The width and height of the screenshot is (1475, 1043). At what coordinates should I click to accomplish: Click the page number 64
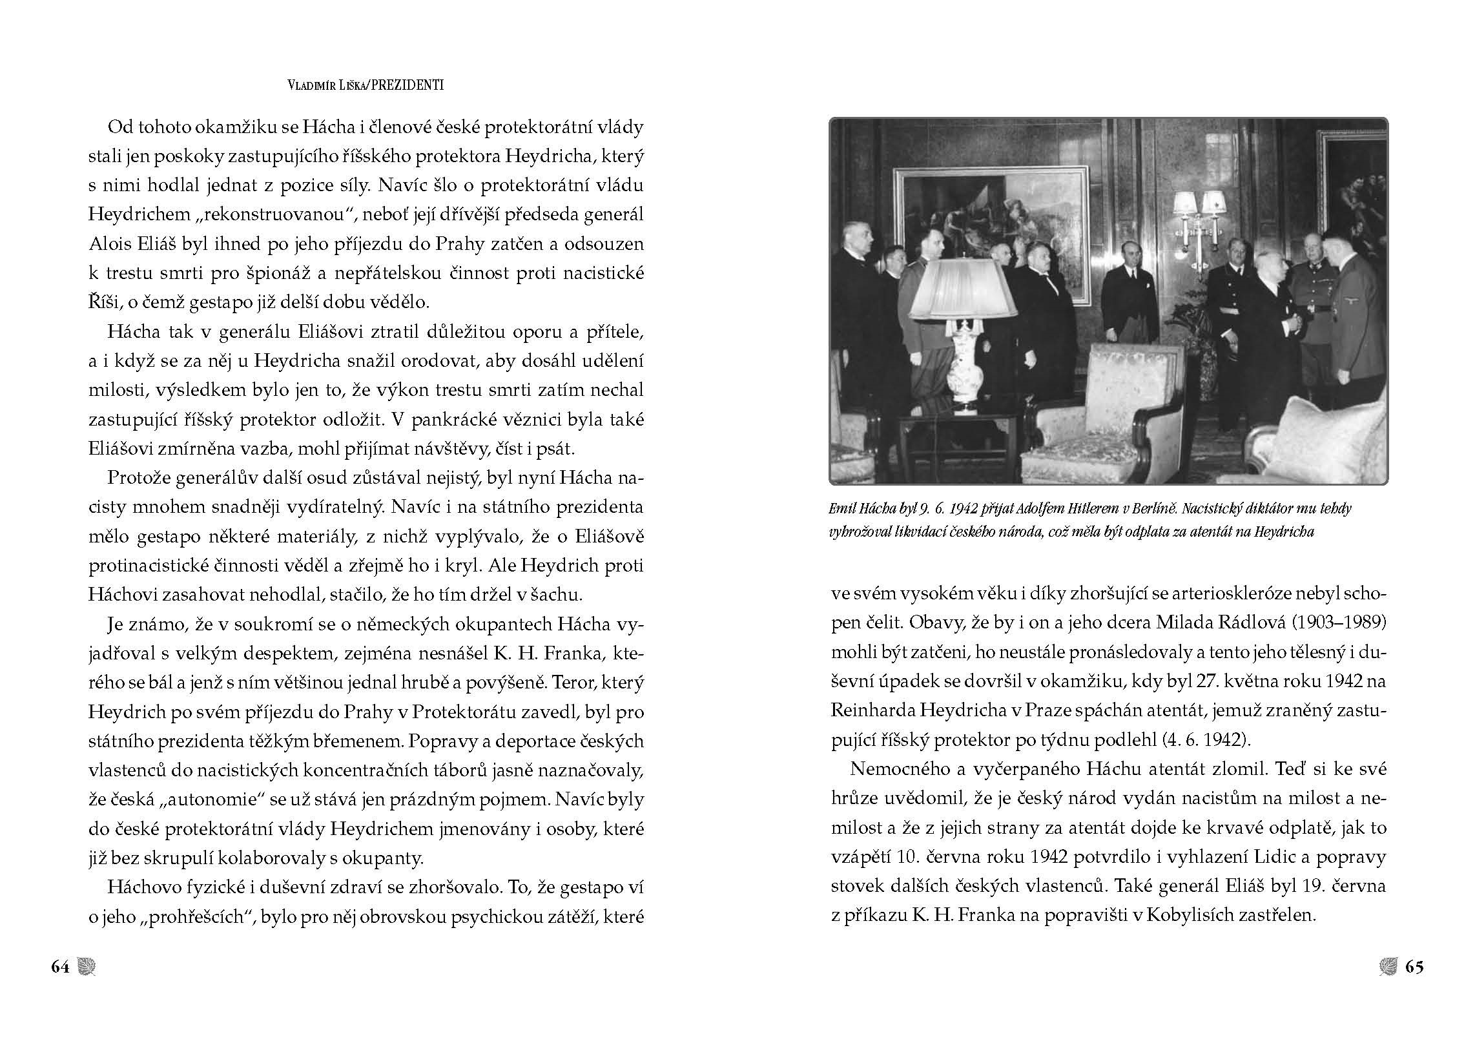tap(60, 967)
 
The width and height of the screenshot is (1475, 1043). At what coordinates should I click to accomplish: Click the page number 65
tap(1414, 967)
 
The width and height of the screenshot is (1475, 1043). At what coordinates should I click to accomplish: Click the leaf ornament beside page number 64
tap(86, 967)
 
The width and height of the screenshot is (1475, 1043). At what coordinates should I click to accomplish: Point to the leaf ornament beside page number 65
tap(1388, 967)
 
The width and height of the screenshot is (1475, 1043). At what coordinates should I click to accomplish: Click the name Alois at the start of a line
tap(110, 244)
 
